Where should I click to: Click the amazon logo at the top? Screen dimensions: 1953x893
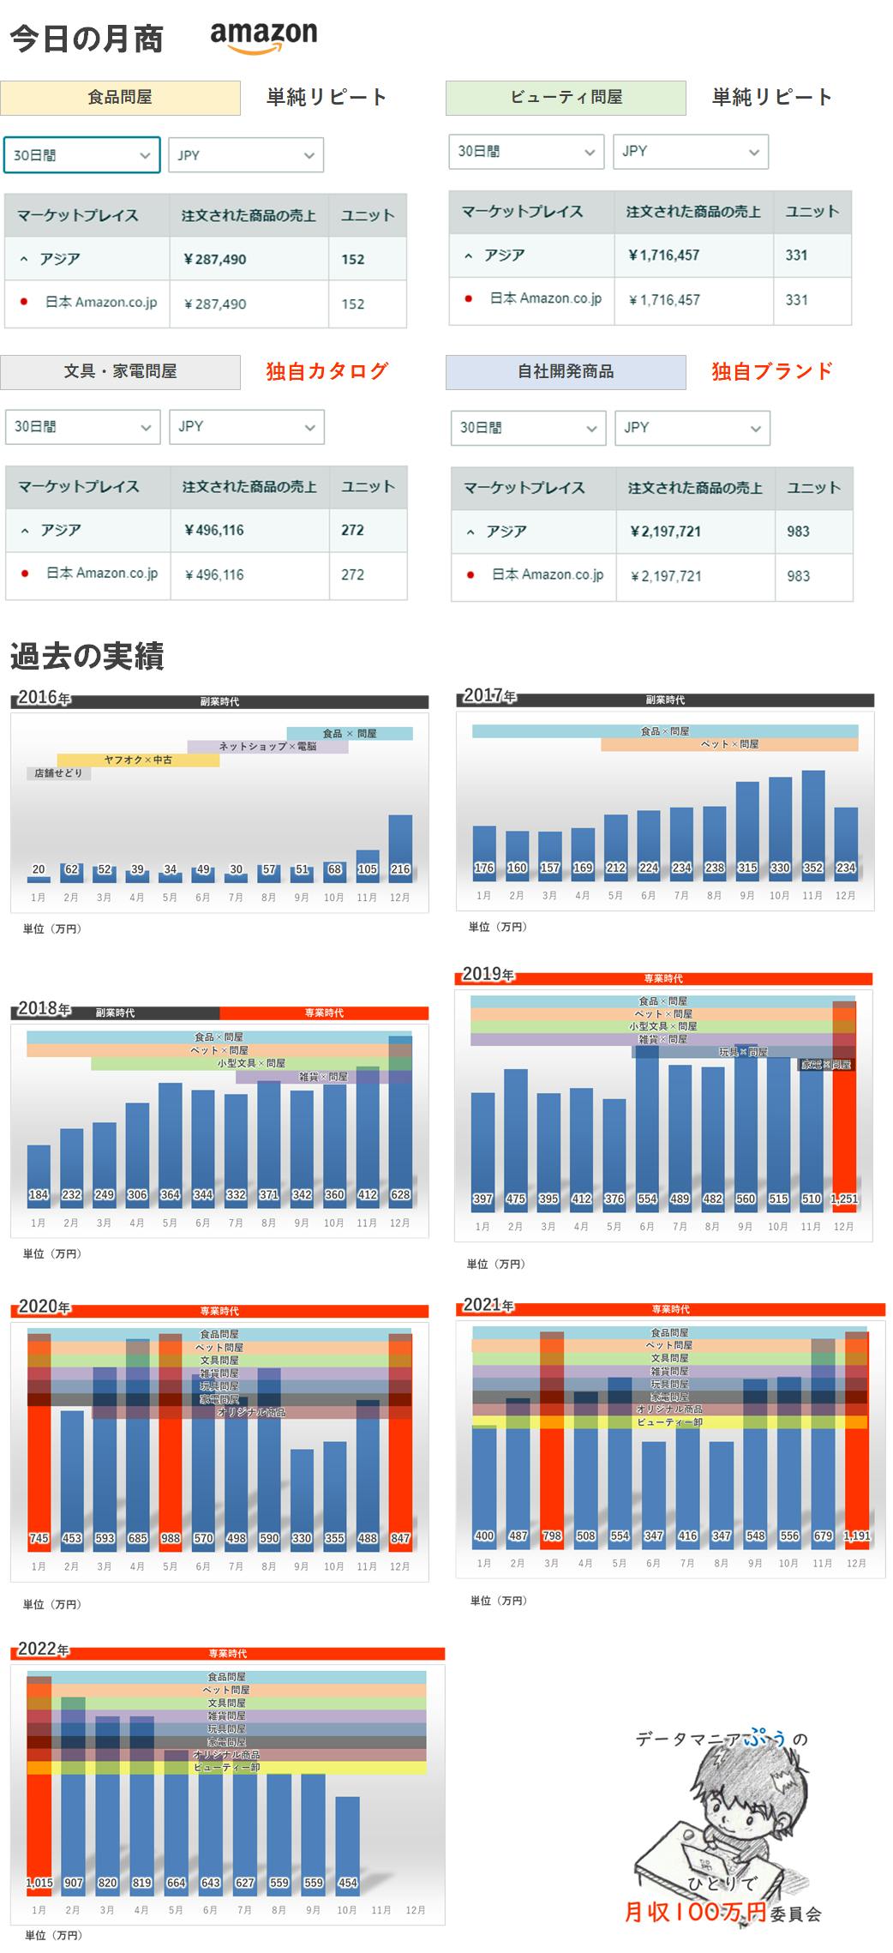(263, 37)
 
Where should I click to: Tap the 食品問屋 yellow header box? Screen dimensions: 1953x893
(120, 98)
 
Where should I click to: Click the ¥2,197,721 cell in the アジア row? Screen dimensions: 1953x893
(665, 532)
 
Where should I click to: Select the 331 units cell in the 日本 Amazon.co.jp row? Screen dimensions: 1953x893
(796, 300)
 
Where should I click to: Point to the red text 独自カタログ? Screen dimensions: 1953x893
(327, 371)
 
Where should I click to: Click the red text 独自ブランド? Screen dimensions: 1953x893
(771, 371)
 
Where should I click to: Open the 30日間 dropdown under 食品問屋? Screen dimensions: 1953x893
(81, 155)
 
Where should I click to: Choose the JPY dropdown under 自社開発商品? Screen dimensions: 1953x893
(692, 428)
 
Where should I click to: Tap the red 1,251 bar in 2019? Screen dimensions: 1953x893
(844, 1115)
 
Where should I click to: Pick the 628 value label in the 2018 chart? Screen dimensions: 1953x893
(400, 1194)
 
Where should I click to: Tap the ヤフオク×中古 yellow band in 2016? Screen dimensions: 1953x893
(138, 760)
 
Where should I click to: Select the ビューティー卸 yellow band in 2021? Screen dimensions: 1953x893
(669, 1422)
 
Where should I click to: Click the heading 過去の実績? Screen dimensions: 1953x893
(87, 657)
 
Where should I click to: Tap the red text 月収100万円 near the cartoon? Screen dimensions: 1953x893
(695, 1911)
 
